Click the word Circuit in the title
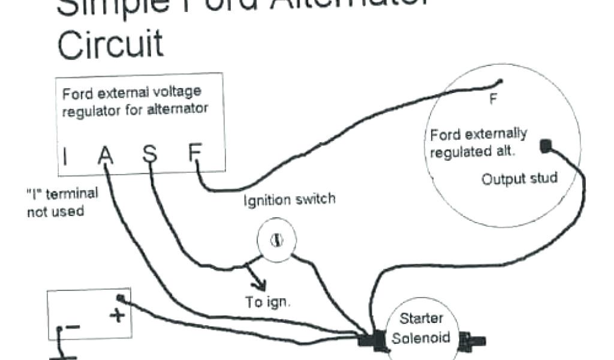point(110,45)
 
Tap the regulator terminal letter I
point(65,157)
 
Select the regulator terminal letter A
point(106,155)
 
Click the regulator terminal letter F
point(194,154)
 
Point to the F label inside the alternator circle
point(493,100)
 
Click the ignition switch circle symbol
point(277,241)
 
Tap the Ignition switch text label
point(289,200)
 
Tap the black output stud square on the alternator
point(545,146)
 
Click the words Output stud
point(519,178)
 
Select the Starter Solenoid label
point(421,328)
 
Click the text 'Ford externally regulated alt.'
point(478,142)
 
